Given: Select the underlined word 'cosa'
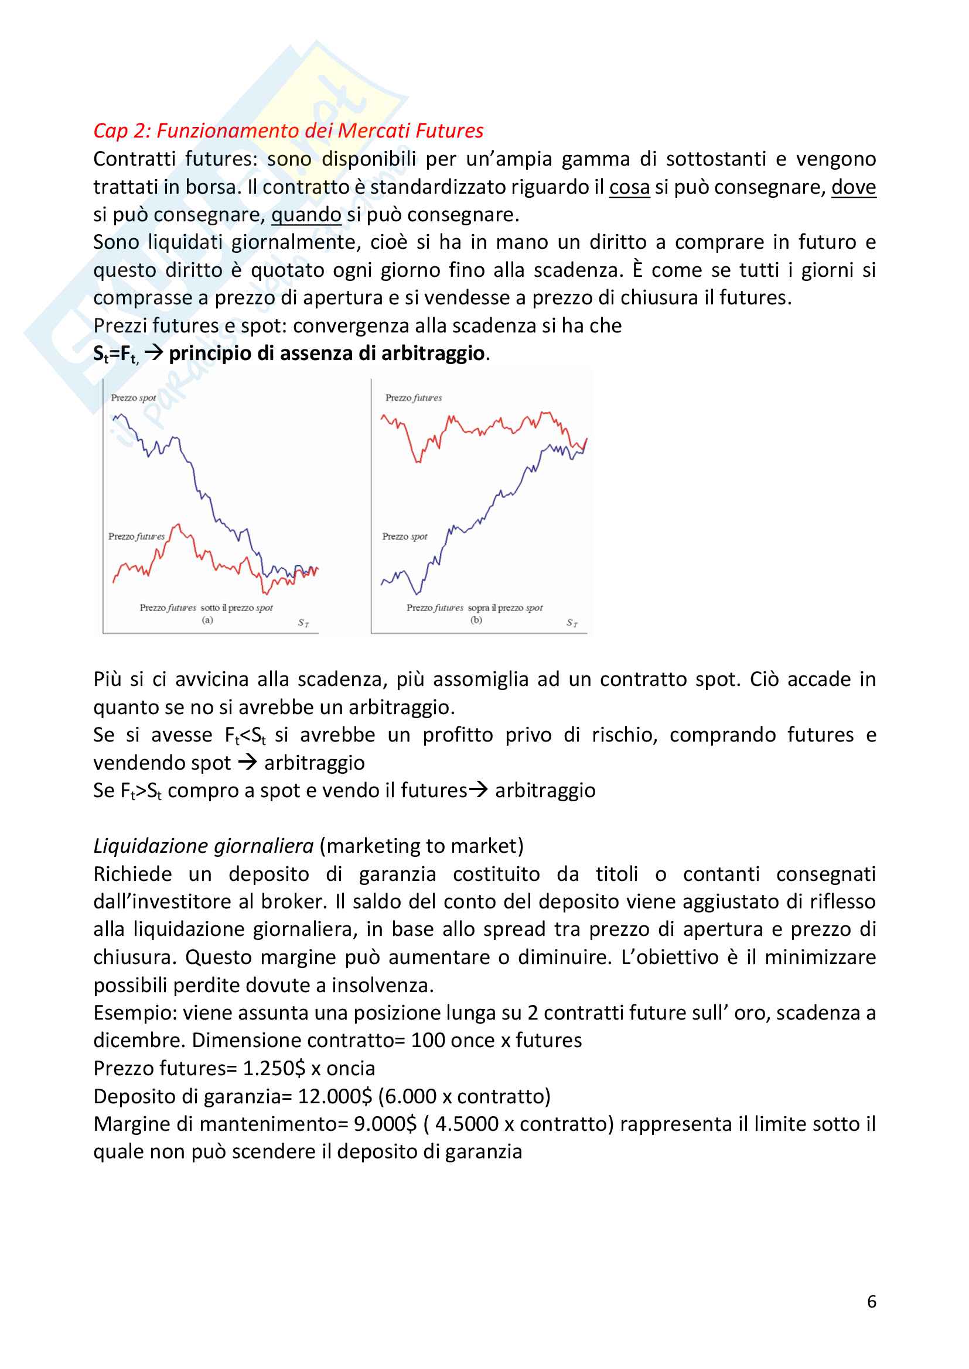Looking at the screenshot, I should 629,187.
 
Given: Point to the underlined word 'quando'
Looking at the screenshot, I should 306,215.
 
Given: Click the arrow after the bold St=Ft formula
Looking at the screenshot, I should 153,353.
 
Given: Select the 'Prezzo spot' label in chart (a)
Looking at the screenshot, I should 133,397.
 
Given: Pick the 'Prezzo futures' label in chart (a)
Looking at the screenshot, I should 136,537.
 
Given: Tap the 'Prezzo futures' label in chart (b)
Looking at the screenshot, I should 414,397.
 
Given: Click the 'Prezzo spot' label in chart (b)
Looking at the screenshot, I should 405,537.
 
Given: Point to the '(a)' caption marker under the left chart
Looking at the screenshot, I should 207,620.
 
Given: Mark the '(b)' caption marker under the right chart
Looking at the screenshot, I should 476,620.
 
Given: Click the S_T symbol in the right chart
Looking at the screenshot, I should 572,623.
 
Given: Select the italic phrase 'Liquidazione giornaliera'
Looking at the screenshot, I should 203,846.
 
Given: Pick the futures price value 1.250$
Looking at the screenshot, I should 274,1069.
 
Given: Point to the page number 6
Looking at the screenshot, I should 871,1302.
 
